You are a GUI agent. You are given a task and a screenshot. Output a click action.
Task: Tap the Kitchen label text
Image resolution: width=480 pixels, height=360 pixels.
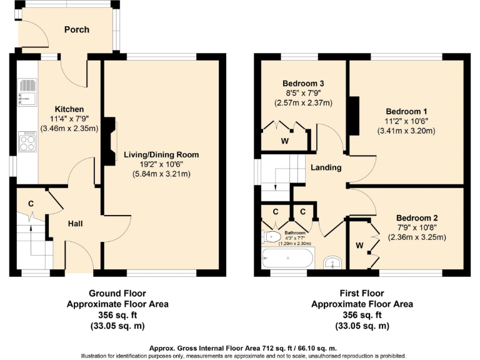point(69,109)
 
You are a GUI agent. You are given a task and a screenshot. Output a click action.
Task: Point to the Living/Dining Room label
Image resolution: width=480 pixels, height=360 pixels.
point(161,154)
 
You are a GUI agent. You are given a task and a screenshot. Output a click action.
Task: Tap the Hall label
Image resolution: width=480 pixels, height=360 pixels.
point(76,224)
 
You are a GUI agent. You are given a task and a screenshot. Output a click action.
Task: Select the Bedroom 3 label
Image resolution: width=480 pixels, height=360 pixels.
point(302,84)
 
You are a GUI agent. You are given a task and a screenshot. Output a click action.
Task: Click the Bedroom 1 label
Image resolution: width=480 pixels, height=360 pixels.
point(406,111)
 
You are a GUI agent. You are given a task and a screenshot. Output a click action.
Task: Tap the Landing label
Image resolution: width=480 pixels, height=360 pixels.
point(326,167)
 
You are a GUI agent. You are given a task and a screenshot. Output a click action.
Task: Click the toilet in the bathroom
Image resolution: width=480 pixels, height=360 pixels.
point(272,237)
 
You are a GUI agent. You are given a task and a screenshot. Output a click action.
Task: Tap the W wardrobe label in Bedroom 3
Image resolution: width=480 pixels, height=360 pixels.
point(284,141)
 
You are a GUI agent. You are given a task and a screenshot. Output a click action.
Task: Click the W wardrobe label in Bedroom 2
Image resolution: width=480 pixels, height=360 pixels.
point(359,246)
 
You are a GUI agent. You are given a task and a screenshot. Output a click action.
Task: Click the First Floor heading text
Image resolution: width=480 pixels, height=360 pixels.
point(362,293)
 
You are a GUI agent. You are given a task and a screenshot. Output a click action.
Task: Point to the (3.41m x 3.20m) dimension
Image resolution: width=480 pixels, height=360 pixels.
point(406,131)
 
